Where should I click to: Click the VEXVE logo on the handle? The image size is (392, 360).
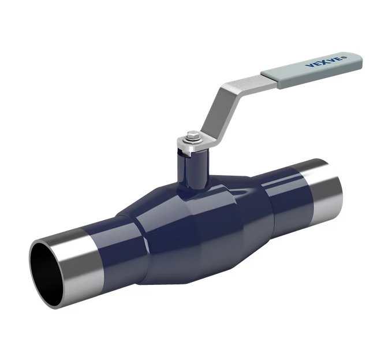[324, 62]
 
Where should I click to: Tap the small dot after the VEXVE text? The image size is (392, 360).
[346, 57]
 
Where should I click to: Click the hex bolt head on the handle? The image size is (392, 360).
[191, 136]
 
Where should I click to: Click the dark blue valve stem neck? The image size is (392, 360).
[192, 170]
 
